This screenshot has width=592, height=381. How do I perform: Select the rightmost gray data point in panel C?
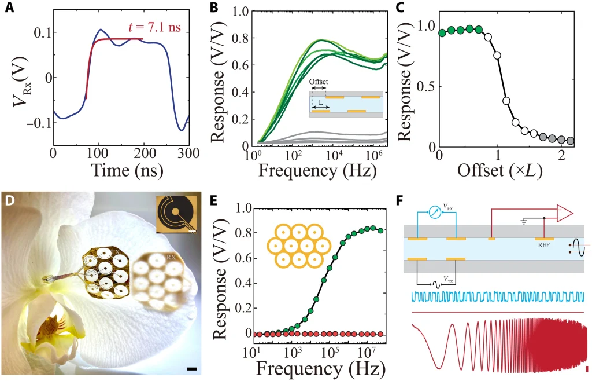(x=571, y=141)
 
